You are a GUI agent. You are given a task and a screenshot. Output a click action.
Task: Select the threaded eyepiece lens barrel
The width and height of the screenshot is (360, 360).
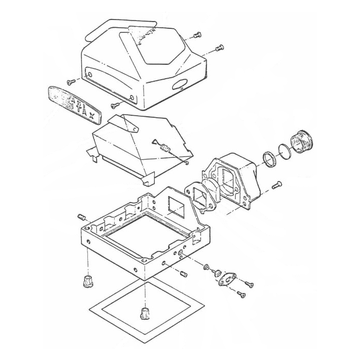pyautogui.click(x=302, y=141)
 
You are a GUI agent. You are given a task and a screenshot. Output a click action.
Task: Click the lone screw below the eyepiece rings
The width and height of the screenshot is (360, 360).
pyautogui.click(x=277, y=183)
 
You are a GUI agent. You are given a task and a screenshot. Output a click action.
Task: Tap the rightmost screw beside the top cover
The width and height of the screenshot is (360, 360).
pyautogui.click(x=220, y=47)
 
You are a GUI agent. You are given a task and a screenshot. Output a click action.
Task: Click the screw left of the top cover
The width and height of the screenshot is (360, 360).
pyautogui.click(x=70, y=81)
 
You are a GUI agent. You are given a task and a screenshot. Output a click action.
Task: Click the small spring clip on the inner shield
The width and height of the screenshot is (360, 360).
pyautogui.click(x=165, y=149)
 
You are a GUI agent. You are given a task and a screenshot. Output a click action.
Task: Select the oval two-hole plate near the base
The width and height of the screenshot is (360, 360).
pyautogui.click(x=226, y=278)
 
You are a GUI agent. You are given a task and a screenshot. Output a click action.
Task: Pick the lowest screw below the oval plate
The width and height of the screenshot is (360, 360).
pyautogui.click(x=240, y=294)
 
